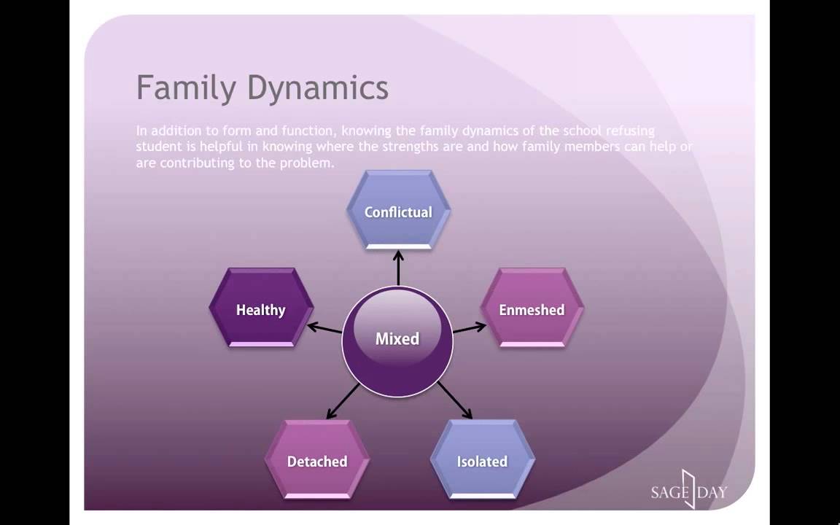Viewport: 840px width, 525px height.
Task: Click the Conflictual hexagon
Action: coord(398,211)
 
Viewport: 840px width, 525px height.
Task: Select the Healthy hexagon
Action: coord(261,309)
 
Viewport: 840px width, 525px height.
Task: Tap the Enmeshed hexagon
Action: coord(532,309)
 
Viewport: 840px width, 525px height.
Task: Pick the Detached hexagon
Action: coord(317,461)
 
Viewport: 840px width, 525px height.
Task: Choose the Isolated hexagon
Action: coord(482,461)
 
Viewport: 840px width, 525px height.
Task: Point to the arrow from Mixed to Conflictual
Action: coord(398,267)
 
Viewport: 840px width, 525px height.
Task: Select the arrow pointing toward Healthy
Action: coord(324,327)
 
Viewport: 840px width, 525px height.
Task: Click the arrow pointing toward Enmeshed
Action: coord(470,327)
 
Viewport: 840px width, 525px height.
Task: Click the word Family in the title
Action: coord(186,88)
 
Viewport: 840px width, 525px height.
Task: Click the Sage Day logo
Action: coord(689,490)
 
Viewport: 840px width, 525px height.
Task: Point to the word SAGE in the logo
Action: coord(668,492)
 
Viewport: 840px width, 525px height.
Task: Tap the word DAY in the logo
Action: coord(712,492)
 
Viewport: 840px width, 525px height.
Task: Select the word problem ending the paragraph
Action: coord(308,163)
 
